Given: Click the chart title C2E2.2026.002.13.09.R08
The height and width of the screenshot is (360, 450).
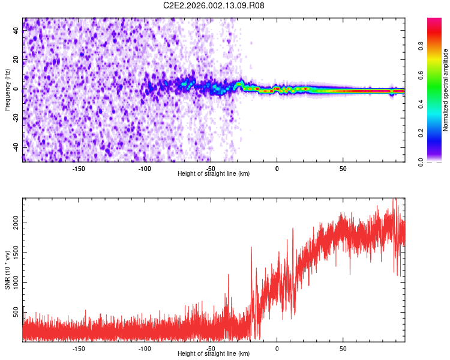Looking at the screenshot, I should [214, 6].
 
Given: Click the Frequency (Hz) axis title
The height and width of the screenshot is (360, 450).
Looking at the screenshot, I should [7, 90].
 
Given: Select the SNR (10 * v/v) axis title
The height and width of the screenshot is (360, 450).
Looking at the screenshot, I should [7, 270].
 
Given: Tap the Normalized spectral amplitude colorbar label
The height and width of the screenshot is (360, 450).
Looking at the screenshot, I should [446, 90].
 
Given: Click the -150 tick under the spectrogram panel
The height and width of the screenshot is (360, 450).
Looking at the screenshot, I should [79, 169].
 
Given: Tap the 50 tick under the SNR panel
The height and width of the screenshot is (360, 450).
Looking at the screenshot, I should [343, 348].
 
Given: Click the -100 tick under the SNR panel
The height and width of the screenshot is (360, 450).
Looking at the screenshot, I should [145, 348].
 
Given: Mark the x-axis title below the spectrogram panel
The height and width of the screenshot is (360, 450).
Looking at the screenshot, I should [214, 174].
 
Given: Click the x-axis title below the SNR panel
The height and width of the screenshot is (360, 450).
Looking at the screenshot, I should [214, 354].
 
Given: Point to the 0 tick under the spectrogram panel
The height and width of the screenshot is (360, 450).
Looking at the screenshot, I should [277, 169].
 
